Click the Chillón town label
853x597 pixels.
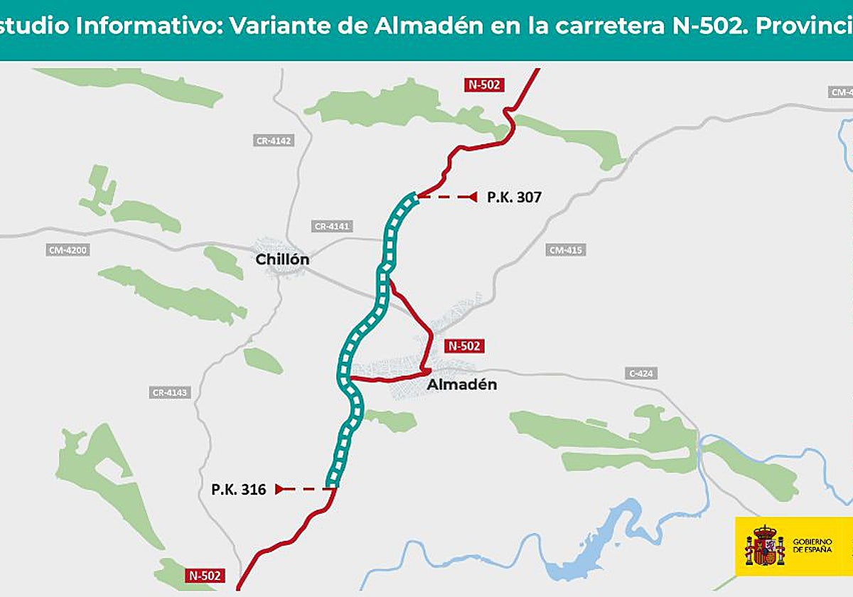pos(282,259)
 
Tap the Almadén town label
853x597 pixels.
pos(461,384)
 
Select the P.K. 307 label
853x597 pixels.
pos(514,197)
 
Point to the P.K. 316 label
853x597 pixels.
pos(239,489)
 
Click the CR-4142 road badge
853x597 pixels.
pos(274,141)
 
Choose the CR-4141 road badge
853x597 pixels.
pos(333,226)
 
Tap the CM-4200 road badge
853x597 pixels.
pos(69,250)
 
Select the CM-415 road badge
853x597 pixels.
pos(567,250)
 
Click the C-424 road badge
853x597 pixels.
pos(641,373)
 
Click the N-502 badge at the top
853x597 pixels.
pos(485,85)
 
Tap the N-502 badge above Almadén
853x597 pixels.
pos(464,346)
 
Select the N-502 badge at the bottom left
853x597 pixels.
pos(205,575)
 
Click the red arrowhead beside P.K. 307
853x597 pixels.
pos(471,197)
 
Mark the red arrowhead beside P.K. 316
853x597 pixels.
pos(279,489)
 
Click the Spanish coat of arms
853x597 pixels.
pos(764,547)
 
